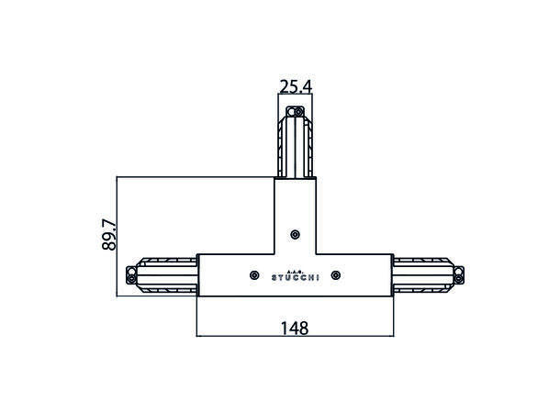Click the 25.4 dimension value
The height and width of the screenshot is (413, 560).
[x=296, y=87]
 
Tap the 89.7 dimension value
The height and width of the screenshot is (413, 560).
[x=109, y=235]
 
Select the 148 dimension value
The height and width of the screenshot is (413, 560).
[x=295, y=329]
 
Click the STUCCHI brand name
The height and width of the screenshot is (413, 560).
[x=295, y=278]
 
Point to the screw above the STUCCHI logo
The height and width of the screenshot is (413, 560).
[x=295, y=235]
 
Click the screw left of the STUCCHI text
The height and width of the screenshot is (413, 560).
[x=254, y=274]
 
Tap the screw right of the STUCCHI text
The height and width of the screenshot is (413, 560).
[x=336, y=274]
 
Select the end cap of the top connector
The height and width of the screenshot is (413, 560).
[x=295, y=112]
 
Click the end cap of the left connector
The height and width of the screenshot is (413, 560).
[x=131, y=274]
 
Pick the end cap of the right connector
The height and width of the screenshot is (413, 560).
[x=459, y=274]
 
